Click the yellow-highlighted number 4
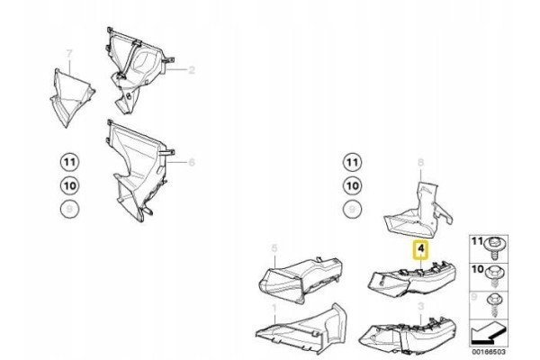[420, 249]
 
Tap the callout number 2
[192, 70]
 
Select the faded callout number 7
[69, 53]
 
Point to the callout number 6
[192, 162]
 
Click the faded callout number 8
[420, 162]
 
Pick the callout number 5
[274, 248]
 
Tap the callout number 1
[274, 308]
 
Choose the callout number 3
[420, 306]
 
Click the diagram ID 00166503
[489, 352]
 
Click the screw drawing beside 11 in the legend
[495, 248]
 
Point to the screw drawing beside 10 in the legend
[495, 276]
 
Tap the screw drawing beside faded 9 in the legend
[495, 305]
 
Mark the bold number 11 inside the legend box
[477, 241]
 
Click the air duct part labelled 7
[71, 97]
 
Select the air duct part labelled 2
[138, 70]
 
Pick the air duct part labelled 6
[138, 169]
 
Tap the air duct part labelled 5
[301, 279]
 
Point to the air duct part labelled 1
[301, 329]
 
